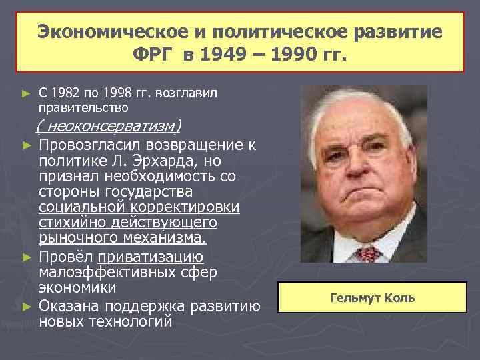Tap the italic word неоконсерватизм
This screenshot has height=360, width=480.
click(110, 126)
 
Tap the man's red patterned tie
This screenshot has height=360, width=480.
click(367, 253)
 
